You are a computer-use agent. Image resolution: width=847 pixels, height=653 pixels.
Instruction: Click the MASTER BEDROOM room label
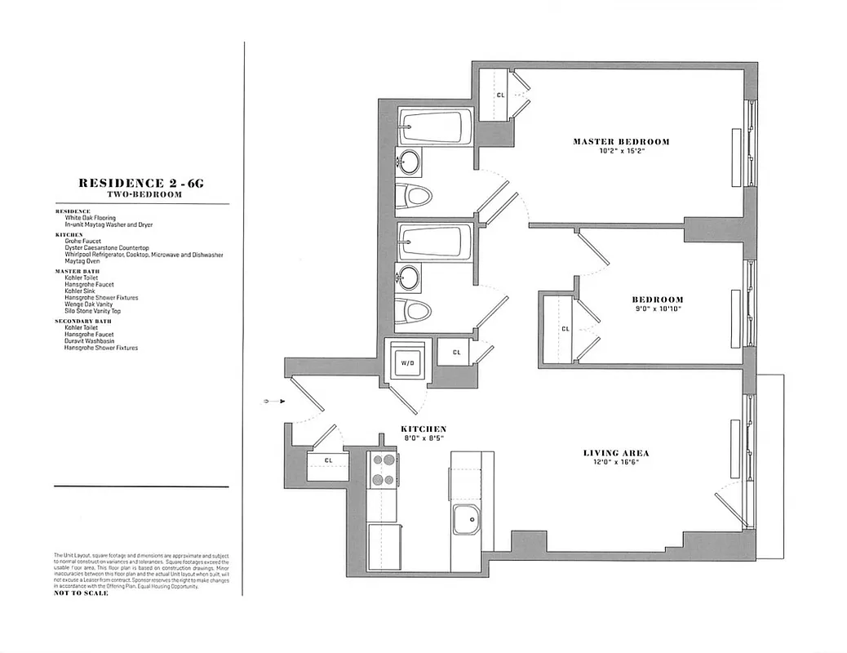click(x=621, y=141)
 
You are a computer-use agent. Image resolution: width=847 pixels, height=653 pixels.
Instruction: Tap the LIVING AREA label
click(x=616, y=453)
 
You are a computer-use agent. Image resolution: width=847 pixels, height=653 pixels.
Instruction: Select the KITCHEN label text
click(x=423, y=429)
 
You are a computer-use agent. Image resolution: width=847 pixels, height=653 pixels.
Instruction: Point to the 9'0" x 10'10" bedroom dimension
click(x=657, y=310)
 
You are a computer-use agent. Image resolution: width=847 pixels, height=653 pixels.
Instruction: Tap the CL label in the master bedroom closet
click(x=500, y=95)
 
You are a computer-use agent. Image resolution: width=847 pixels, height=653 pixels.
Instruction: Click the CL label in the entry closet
click(x=328, y=460)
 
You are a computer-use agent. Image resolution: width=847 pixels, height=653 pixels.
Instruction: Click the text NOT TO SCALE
click(x=81, y=593)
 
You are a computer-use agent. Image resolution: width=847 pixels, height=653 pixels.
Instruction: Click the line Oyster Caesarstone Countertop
click(x=107, y=247)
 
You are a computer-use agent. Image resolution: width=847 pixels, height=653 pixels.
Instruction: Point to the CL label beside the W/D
click(x=456, y=352)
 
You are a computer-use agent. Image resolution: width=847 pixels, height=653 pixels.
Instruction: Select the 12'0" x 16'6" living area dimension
click(x=616, y=463)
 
